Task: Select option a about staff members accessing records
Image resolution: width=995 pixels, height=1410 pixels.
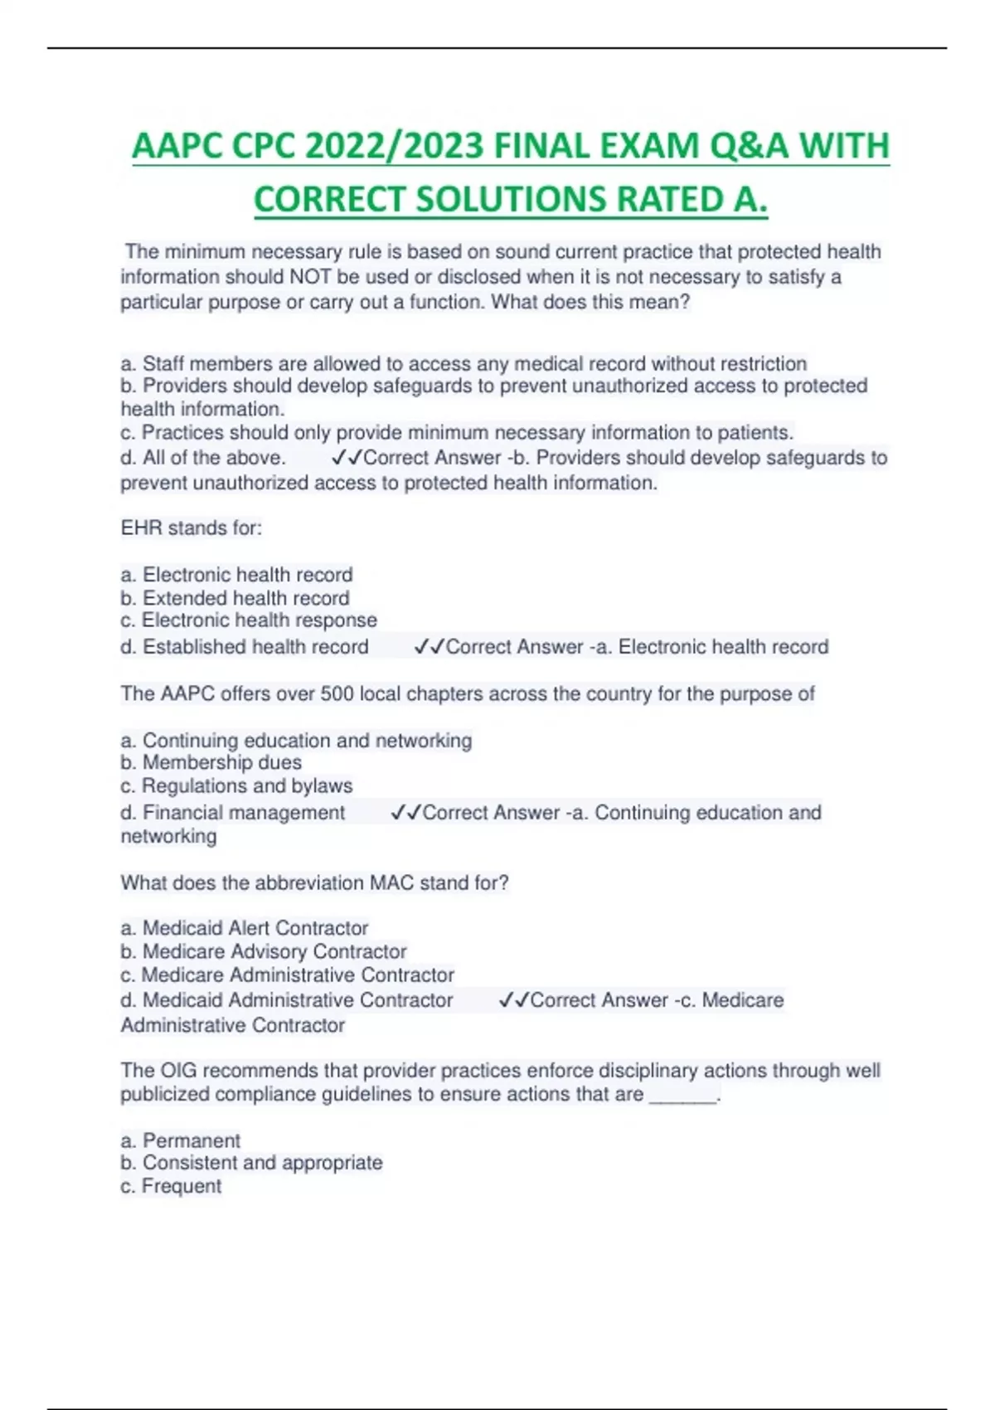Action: point(464,363)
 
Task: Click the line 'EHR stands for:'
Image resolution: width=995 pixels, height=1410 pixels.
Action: point(192,528)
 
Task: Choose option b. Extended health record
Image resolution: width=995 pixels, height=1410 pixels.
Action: point(235,598)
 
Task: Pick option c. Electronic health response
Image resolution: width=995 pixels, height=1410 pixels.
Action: point(249,620)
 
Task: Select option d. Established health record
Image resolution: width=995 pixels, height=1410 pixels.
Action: point(245,647)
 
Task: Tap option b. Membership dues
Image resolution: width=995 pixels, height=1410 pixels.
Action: point(211,763)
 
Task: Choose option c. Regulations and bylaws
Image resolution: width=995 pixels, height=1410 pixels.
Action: point(236,786)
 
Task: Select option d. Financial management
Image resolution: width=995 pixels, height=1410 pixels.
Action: point(233,813)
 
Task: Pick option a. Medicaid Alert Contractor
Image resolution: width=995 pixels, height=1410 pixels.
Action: point(245,928)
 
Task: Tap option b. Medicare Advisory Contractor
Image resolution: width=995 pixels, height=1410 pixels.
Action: point(264,951)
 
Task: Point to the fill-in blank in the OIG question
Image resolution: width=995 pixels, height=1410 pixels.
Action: point(682,1096)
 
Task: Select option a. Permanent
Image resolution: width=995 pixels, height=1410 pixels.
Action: point(181,1140)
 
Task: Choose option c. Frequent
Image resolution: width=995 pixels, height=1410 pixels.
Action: point(171,1187)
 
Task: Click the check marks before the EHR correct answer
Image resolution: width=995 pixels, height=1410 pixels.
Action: point(430,647)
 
